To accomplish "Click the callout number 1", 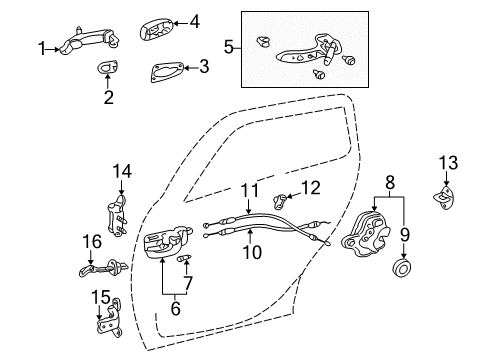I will click(x=42, y=46).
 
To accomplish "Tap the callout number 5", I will click(x=228, y=46).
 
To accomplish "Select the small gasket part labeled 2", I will click(x=108, y=68).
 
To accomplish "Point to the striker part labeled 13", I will click(x=442, y=198).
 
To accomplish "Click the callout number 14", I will click(x=121, y=171).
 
